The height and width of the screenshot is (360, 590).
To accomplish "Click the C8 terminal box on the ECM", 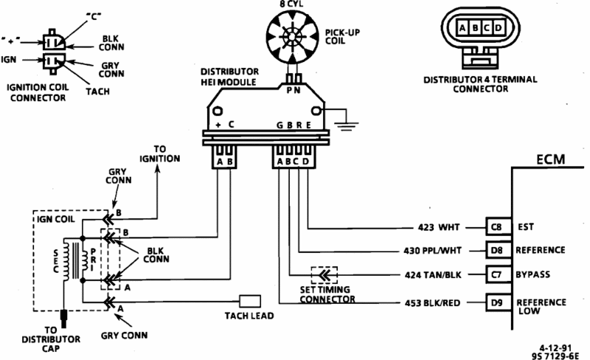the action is coord(499,226).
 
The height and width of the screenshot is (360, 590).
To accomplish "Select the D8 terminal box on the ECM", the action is coord(499,250).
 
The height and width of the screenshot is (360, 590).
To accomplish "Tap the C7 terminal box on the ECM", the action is coord(499,275).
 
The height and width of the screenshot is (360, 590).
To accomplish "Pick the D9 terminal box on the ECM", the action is coord(499,302).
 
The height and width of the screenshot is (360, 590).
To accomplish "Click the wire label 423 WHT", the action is coord(439,227).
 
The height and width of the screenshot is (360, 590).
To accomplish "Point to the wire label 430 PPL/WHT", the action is coord(432,251).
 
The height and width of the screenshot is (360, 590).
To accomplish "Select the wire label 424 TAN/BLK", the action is coord(433,275).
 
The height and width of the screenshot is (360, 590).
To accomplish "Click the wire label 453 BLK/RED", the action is coord(432,303).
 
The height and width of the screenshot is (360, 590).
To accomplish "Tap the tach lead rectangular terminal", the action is coord(250,301).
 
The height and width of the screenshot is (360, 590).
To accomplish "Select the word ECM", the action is coord(550,159).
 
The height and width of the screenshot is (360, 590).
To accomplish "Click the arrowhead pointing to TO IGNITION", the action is coord(158,170).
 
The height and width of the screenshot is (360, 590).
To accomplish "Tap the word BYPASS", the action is coord(532,274).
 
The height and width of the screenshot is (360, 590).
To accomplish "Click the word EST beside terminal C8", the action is coord(526,226).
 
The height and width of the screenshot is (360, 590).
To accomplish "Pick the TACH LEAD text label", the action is coord(249,316).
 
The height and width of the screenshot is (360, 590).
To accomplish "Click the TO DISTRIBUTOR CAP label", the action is coord(51,339).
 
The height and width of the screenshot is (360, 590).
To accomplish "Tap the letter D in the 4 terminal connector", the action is coord(499,27).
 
